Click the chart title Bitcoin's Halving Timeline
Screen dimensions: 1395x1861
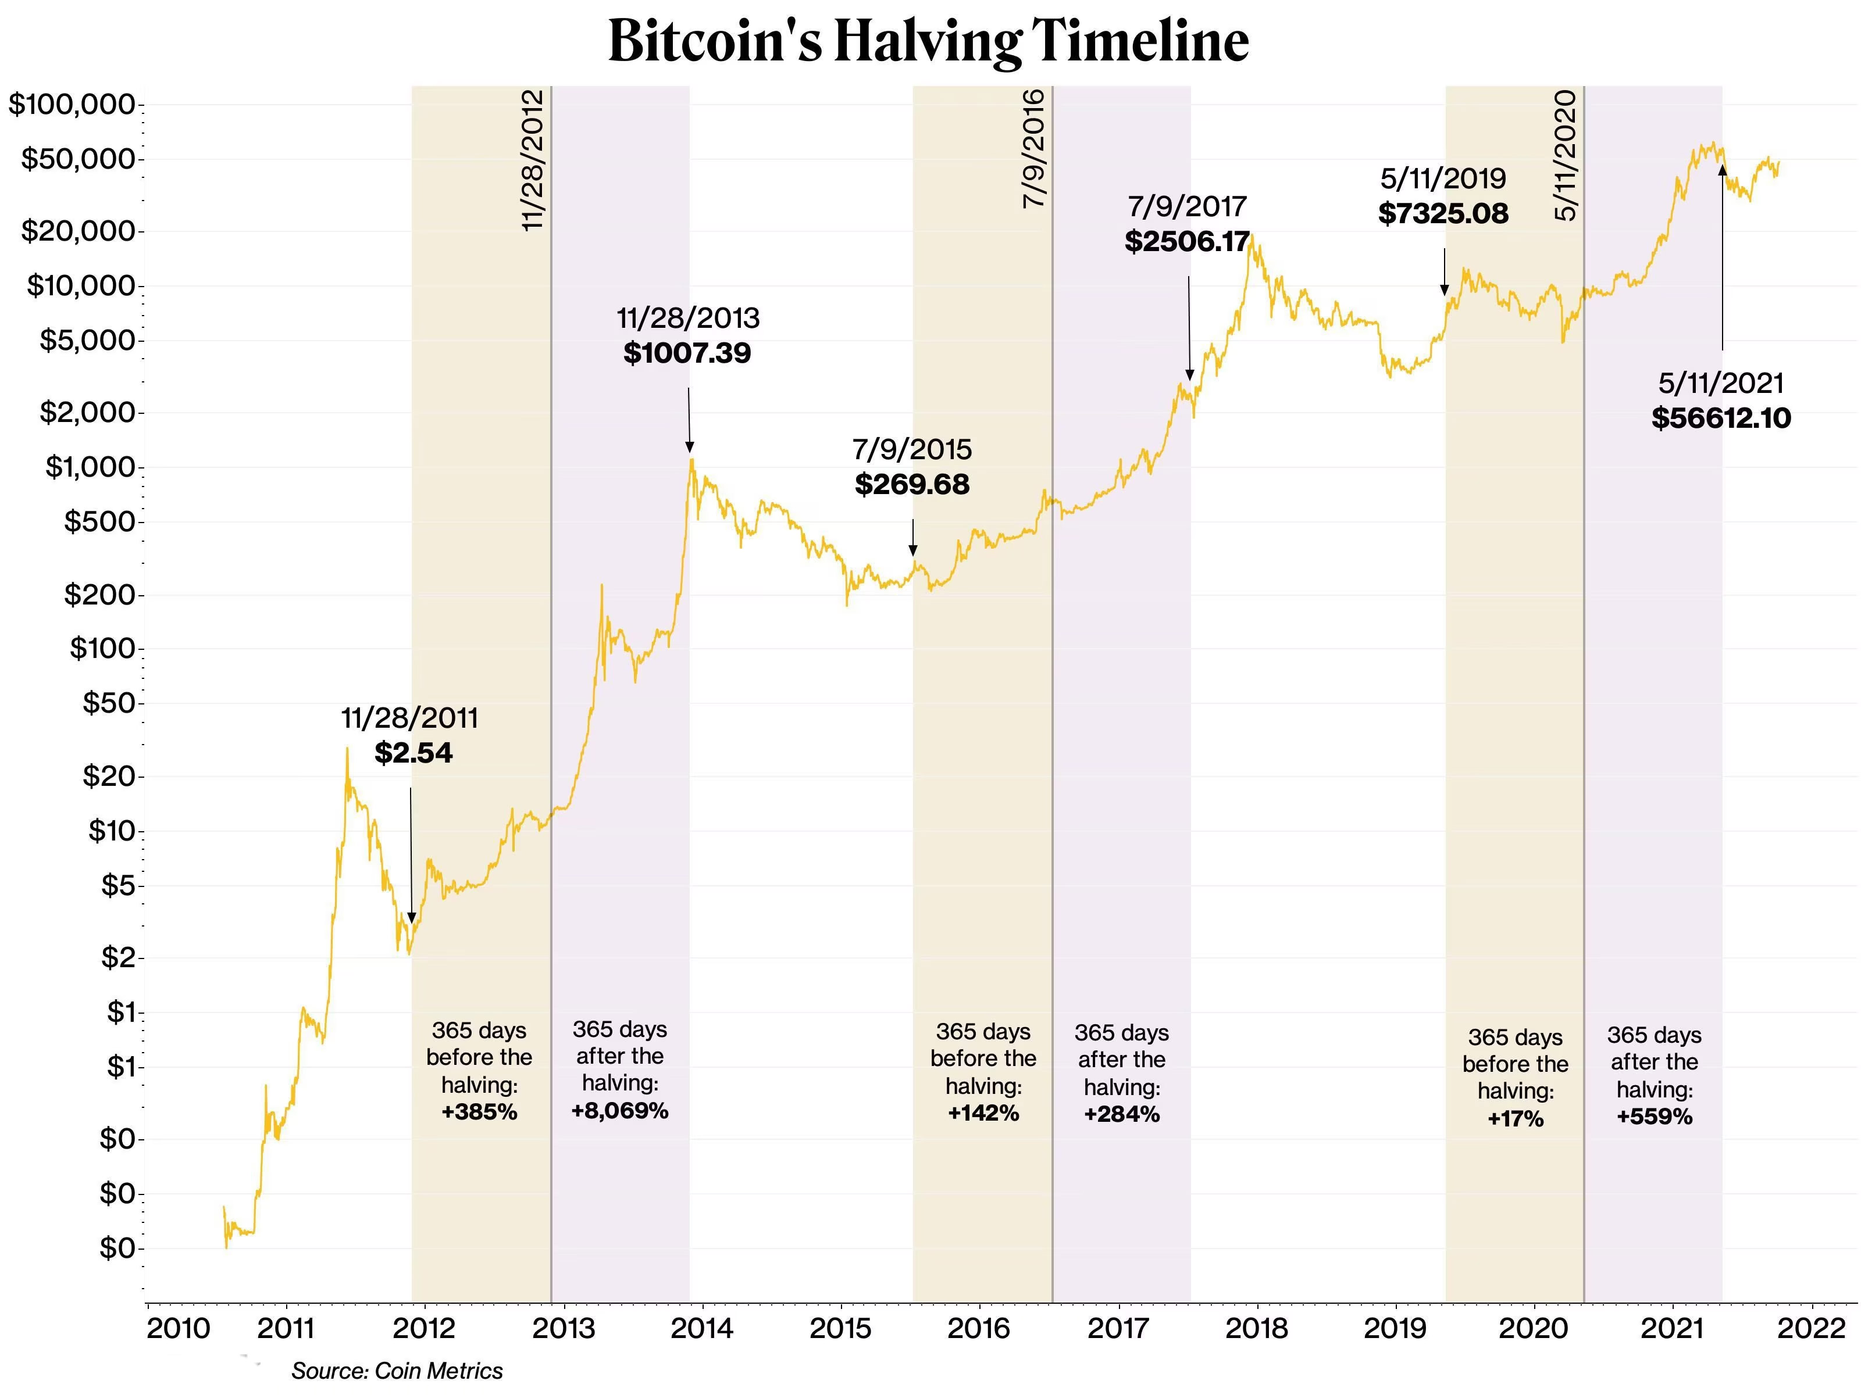(928, 40)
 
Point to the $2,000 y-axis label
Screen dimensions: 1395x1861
(87, 413)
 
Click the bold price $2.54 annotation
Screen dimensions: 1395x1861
(413, 753)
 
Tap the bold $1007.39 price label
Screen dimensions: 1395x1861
(687, 352)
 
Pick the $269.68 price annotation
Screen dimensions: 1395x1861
(912, 484)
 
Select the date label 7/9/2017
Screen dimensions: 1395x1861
(1186, 206)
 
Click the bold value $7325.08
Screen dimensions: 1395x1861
(1443, 213)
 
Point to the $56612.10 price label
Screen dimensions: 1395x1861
(1720, 418)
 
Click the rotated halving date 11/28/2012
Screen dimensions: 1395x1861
(533, 160)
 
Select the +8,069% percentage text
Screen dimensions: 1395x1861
(619, 1111)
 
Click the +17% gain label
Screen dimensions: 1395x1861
(1515, 1118)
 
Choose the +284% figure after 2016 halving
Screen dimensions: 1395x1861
(1121, 1114)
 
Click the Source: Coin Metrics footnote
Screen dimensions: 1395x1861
(396, 1371)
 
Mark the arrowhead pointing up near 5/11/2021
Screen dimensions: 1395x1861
(1722, 171)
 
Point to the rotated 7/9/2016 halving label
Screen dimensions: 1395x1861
(1034, 149)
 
